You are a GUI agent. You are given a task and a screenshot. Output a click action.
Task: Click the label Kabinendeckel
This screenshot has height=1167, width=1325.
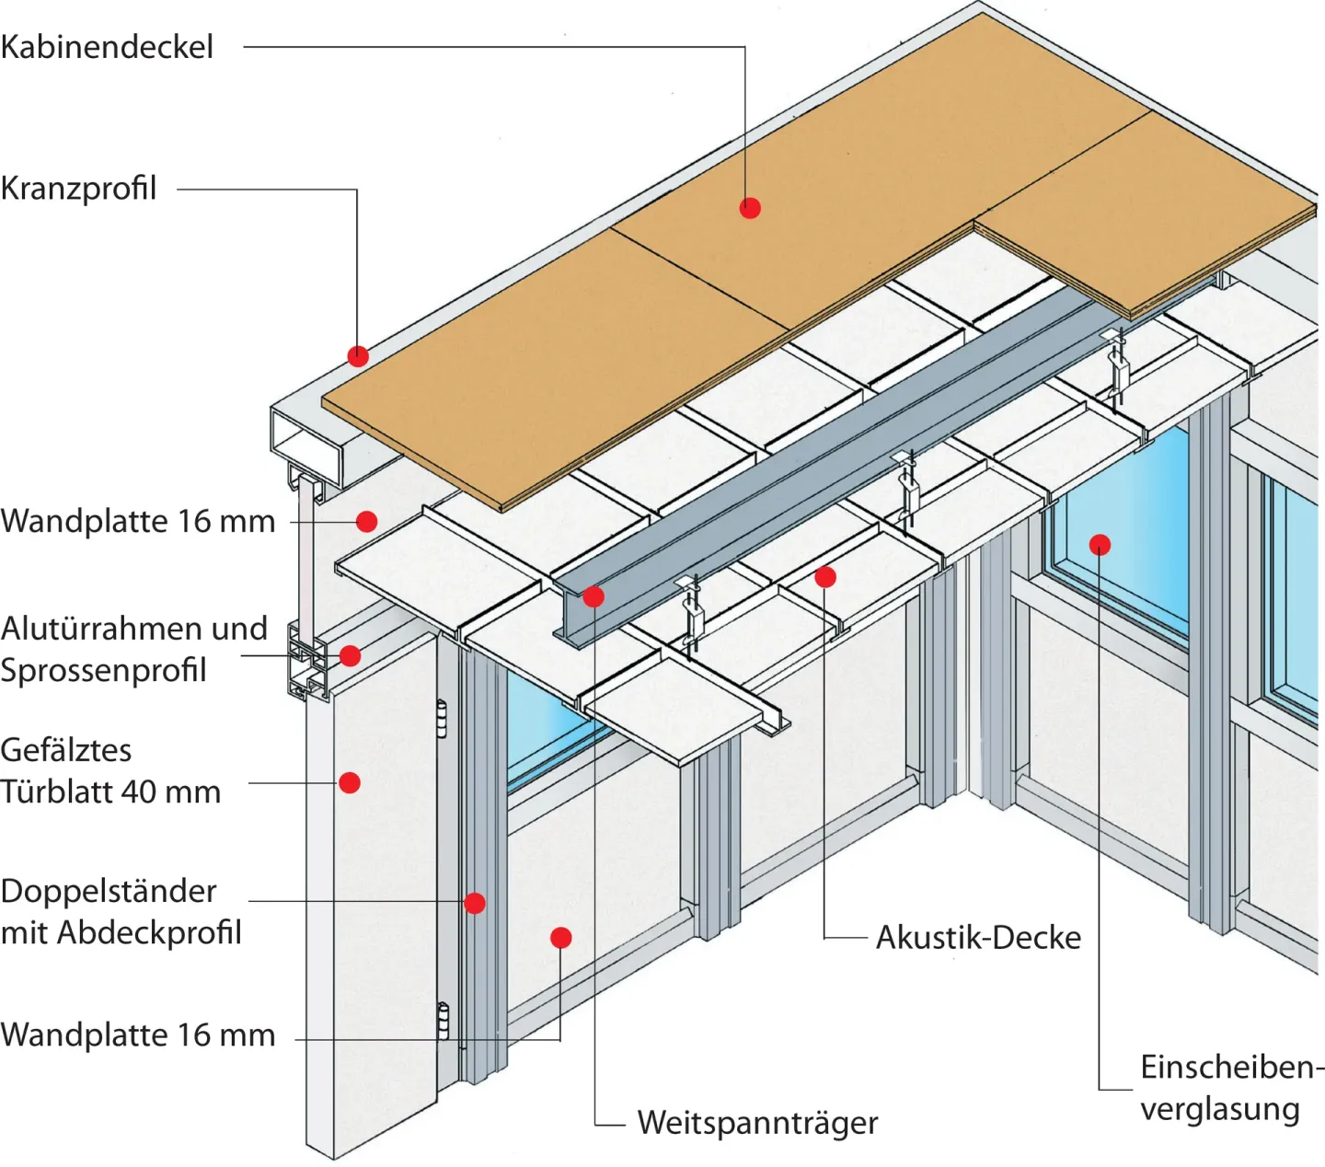coord(107,47)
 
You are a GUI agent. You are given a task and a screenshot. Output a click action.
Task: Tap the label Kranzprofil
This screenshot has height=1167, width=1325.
coord(79,189)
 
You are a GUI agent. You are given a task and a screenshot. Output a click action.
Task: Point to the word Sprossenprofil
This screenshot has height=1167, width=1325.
coord(104,670)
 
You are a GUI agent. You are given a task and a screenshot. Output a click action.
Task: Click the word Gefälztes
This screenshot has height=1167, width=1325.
coord(66,750)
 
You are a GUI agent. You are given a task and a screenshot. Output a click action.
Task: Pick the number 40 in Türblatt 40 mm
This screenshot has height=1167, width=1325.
coord(158,791)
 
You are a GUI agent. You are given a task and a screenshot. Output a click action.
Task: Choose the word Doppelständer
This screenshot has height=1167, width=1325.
coord(109,891)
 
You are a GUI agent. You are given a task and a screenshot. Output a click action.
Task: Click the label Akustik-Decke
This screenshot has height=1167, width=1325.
coord(978,937)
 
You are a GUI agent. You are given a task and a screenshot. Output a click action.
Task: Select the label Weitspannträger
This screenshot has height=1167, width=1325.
coord(757,1123)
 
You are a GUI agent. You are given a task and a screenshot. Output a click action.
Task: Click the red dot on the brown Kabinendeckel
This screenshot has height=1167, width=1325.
coord(750,208)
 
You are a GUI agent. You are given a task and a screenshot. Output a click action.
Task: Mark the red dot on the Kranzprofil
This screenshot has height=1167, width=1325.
coord(358,356)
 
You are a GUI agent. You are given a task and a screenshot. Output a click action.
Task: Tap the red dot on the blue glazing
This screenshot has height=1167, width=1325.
coord(1100,545)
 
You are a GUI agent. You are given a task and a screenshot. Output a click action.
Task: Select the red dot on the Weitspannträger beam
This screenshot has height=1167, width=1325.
coord(593,596)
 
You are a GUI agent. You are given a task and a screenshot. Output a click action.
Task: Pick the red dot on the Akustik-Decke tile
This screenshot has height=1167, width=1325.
coord(825,577)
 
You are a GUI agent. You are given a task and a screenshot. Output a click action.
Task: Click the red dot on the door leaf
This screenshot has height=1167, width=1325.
coord(350,783)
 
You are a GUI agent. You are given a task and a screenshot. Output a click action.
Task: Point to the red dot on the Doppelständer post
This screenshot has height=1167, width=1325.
coord(475,903)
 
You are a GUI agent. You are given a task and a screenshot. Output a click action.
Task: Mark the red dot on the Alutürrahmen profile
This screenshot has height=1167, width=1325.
coord(350,656)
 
